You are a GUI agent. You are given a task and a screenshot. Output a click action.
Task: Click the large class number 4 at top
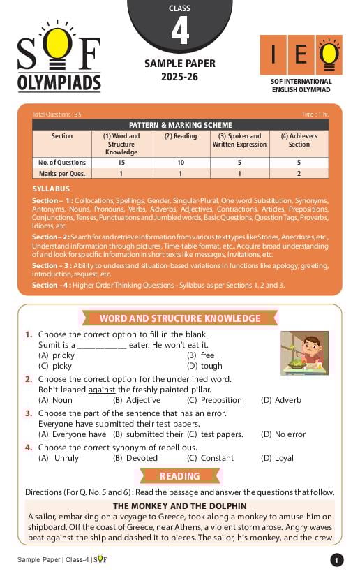pyautogui.click(x=179, y=31)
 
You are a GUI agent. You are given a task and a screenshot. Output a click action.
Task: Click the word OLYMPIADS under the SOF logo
pyautogui.click(x=59, y=82)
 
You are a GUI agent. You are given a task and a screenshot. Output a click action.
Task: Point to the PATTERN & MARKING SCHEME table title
pyautogui.click(x=180, y=125)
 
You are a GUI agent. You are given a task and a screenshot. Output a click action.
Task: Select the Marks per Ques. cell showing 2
pyautogui.click(x=299, y=173)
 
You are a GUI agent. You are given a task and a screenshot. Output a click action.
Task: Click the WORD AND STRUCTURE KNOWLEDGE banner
pyautogui.click(x=180, y=318)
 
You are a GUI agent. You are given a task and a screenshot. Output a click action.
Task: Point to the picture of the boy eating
pyautogui.click(x=304, y=353)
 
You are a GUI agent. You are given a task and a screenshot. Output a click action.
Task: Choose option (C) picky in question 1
pyautogui.click(x=55, y=366)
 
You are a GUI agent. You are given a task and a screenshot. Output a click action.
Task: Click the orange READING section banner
pyautogui.click(x=180, y=476)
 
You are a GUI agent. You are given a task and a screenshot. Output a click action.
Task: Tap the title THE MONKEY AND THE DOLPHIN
pyautogui.click(x=179, y=505)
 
